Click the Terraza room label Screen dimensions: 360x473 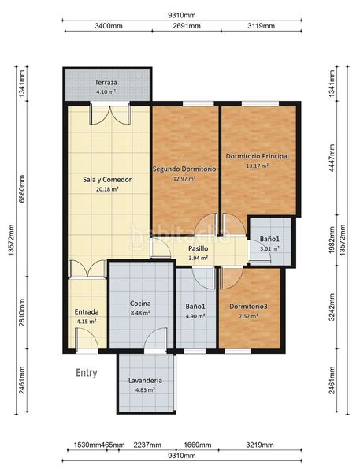[106, 82]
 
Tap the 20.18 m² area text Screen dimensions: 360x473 [107, 189]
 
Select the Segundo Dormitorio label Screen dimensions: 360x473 [184, 169]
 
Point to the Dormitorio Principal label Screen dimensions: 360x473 [257, 156]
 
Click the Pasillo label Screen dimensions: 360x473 [198, 248]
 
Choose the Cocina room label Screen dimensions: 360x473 [140, 304]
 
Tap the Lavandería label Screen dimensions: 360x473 [145, 381]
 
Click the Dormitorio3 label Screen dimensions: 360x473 [248, 307]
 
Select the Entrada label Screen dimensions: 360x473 [87, 312]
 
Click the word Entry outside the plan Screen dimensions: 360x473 [86, 373]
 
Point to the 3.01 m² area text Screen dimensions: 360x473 [269, 249]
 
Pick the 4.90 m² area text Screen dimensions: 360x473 [195, 316]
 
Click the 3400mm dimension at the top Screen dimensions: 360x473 [109, 26]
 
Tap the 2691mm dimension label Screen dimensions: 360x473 [187, 26]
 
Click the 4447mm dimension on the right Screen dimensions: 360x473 [332, 158]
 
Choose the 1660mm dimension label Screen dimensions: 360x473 [198, 445]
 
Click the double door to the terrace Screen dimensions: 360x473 [110, 114]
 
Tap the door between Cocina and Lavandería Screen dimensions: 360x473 [155, 341]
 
